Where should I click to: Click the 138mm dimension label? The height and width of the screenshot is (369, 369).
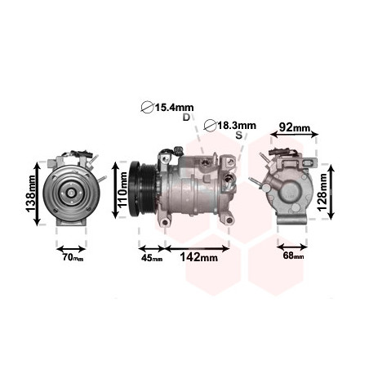[x=30, y=193]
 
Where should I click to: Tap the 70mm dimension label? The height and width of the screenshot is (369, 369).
[x=73, y=257]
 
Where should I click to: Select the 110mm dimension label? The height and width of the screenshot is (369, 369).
[x=122, y=189]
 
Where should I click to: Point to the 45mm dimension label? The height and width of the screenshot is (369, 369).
[x=152, y=258]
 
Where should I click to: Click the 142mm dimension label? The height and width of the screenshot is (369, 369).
[x=199, y=257]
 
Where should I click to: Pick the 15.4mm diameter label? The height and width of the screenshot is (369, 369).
[x=174, y=108]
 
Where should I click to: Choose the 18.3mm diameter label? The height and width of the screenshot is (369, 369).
[x=237, y=126]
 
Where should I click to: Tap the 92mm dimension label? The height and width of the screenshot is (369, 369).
[x=295, y=127]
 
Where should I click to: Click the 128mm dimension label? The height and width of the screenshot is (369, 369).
[x=322, y=192]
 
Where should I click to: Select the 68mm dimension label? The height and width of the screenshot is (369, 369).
[x=293, y=256]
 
